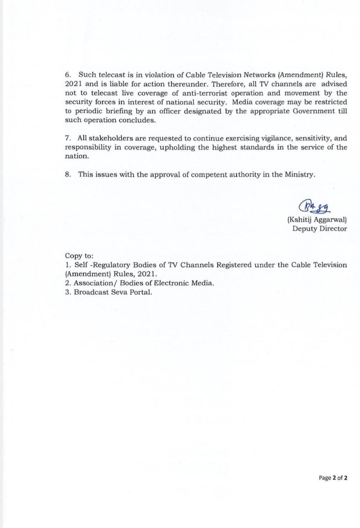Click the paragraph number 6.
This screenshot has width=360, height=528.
point(67,76)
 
